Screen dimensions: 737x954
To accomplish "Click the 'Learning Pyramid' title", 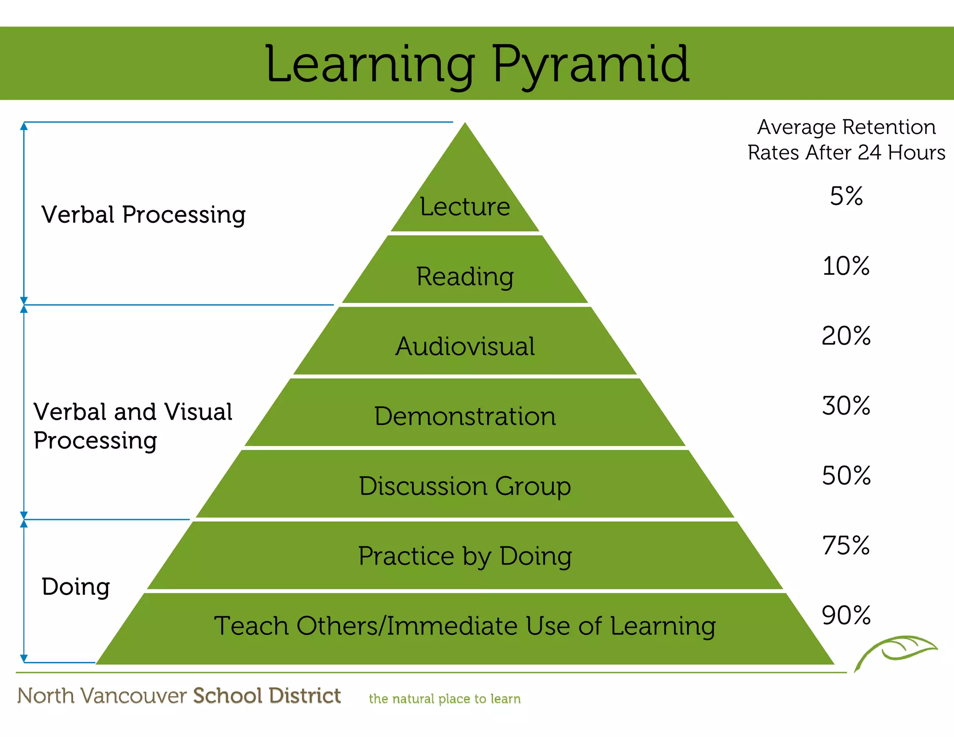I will click(x=477, y=64).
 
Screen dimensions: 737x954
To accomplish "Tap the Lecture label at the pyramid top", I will click(x=465, y=206).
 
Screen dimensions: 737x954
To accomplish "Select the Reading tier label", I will click(x=465, y=277).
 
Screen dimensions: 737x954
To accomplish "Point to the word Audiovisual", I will click(x=465, y=347).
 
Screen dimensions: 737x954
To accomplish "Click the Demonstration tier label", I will click(x=465, y=416).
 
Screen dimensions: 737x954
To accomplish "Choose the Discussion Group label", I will click(x=465, y=486).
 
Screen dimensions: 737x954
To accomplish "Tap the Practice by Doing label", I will click(x=465, y=556).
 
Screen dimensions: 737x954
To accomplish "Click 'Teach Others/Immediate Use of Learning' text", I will click(x=465, y=626).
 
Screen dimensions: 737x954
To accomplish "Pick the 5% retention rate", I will click(x=846, y=196).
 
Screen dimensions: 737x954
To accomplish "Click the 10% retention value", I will click(x=846, y=266).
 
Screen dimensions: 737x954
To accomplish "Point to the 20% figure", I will click(x=846, y=336).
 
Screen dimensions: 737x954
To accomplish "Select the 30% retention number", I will click(x=846, y=406).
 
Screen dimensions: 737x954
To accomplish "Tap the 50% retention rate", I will click(x=846, y=476).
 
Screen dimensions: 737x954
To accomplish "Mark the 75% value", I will click(x=846, y=546).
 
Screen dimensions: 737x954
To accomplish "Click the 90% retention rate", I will click(x=846, y=615).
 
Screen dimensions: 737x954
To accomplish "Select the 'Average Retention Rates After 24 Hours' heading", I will click(x=846, y=140).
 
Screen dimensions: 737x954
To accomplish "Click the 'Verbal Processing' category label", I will click(x=143, y=215).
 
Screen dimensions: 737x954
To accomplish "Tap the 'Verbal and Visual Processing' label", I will click(x=133, y=426).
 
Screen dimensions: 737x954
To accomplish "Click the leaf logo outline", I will click(x=897, y=650).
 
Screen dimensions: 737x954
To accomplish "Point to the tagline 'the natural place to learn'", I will click(x=444, y=699).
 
